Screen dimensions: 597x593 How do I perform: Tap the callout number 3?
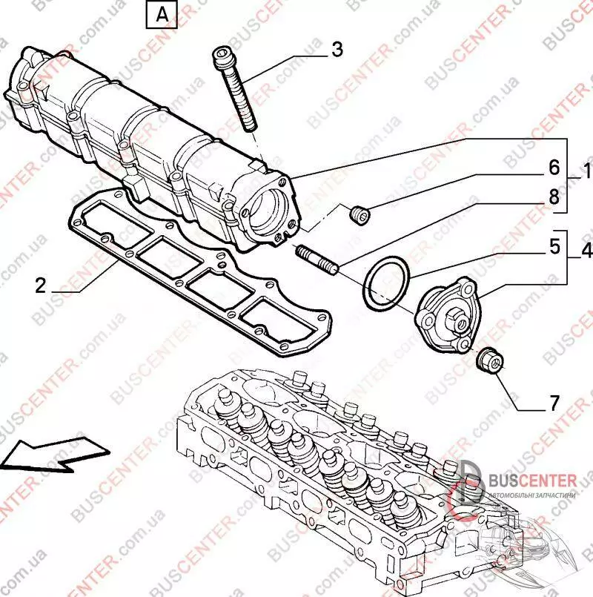point(337,50)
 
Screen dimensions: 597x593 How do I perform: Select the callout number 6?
point(553,168)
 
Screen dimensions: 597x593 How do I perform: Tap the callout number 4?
point(586,251)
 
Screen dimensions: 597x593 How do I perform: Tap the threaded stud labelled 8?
point(317,259)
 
